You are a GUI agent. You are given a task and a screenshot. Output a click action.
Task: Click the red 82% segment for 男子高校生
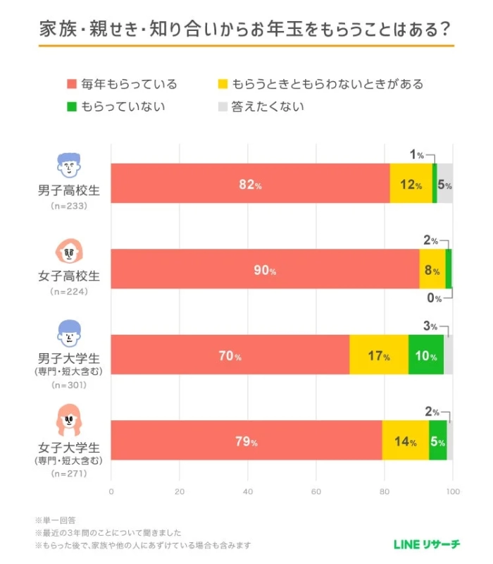250,185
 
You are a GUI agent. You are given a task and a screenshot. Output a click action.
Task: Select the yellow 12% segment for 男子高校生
411,185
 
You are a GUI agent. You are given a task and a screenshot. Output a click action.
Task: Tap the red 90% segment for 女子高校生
265,270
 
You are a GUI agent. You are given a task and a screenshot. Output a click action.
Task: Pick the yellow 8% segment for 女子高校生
432,270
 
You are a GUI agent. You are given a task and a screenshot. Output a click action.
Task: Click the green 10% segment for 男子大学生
425,355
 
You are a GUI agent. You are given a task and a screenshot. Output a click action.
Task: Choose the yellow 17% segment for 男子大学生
379,355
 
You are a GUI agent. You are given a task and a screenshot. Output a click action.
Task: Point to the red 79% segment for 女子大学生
246,441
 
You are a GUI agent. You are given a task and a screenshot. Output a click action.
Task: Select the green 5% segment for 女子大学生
437,441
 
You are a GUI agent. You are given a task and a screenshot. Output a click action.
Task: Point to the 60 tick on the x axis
316,491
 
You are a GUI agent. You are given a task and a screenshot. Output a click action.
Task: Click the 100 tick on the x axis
453,491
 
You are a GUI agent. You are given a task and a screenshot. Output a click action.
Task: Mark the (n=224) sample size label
68,291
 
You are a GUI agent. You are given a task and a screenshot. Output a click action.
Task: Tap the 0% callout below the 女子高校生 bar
435,298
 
